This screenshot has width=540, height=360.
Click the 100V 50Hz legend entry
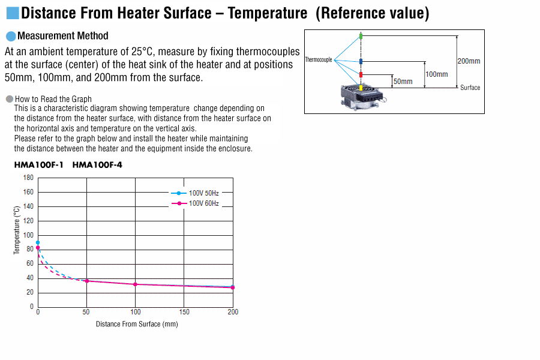pyautogui.click(x=195, y=193)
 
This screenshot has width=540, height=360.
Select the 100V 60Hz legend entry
pyautogui.click(x=195, y=203)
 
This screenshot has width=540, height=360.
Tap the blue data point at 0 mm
pyautogui.click(x=38, y=242)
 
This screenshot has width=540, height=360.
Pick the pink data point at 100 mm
pyautogui.click(x=136, y=284)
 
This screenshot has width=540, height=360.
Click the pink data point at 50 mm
pyautogui.click(x=87, y=281)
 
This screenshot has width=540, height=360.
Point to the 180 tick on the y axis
pyautogui.click(x=28, y=178)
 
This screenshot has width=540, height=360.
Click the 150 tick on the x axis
pyautogui.click(x=184, y=312)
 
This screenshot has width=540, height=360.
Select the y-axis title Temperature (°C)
pyautogui.click(x=17, y=230)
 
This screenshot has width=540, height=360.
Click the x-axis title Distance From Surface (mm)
pyautogui.click(x=137, y=324)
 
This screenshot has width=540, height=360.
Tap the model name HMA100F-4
pyautogui.click(x=97, y=165)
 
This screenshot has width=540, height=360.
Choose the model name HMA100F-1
pyautogui.click(x=38, y=165)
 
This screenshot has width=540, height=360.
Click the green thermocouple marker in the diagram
pyautogui.click(x=361, y=36)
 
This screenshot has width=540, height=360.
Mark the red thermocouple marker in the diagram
pyautogui.click(x=361, y=75)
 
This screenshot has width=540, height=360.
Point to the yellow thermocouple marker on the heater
pyautogui.click(x=361, y=88)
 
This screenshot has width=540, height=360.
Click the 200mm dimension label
pyautogui.click(x=469, y=61)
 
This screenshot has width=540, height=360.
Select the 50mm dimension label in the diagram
pyautogui.click(x=403, y=82)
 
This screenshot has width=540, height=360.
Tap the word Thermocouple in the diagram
pyautogui.click(x=319, y=59)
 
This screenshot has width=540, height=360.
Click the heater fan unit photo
pyautogui.click(x=362, y=97)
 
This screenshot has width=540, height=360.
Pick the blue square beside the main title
pyautogui.click(x=13, y=13)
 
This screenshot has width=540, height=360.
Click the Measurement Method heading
pyautogui.click(x=62, y=36)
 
